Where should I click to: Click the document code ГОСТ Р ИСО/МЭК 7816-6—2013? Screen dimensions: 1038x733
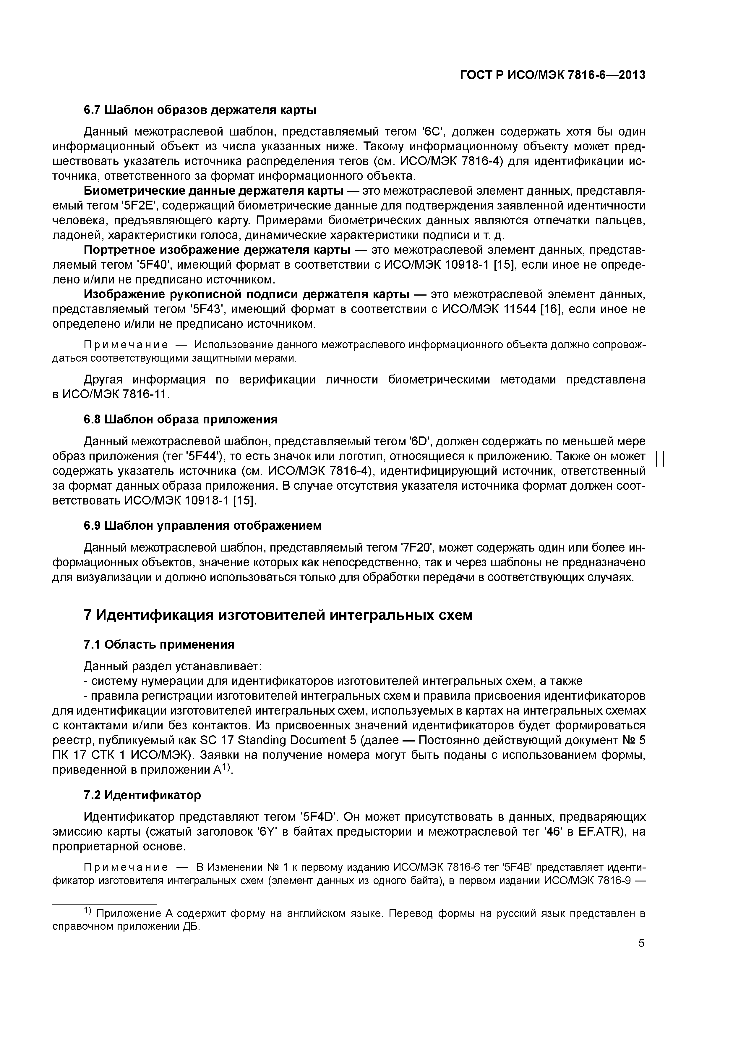tap(552, 75)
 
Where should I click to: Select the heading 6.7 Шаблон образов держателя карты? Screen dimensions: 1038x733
tap(200, 110)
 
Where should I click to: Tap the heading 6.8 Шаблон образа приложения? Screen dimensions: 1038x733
tap(181, 420)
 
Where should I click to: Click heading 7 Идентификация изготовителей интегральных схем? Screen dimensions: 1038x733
tap(278, 615)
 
